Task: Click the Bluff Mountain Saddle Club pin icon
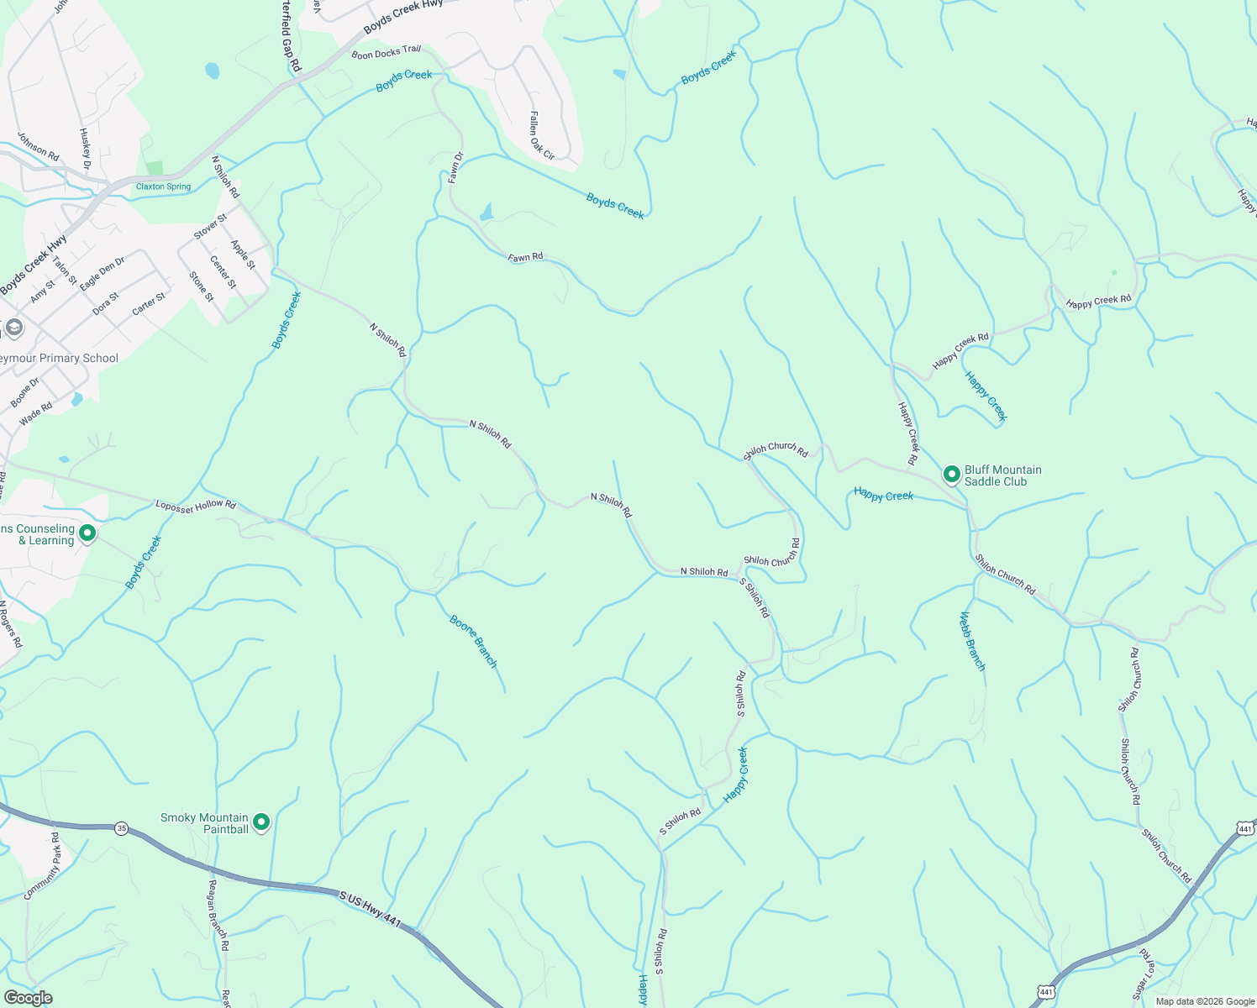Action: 951,475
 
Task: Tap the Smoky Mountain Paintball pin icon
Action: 261,822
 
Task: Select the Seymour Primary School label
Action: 58,359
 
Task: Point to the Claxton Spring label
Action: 163,186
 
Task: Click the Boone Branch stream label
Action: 474,642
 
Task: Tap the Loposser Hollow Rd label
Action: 196,506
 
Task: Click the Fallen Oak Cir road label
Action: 542,136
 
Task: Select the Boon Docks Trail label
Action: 387,53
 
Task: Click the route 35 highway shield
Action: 122,827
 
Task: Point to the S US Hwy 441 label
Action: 371,909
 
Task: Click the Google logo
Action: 28,998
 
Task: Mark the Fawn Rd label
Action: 525,257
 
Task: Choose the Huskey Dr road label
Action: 85,148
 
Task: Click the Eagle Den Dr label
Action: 102,275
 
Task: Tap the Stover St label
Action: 210,227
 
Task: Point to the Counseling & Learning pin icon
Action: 87,533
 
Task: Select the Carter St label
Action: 149,304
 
